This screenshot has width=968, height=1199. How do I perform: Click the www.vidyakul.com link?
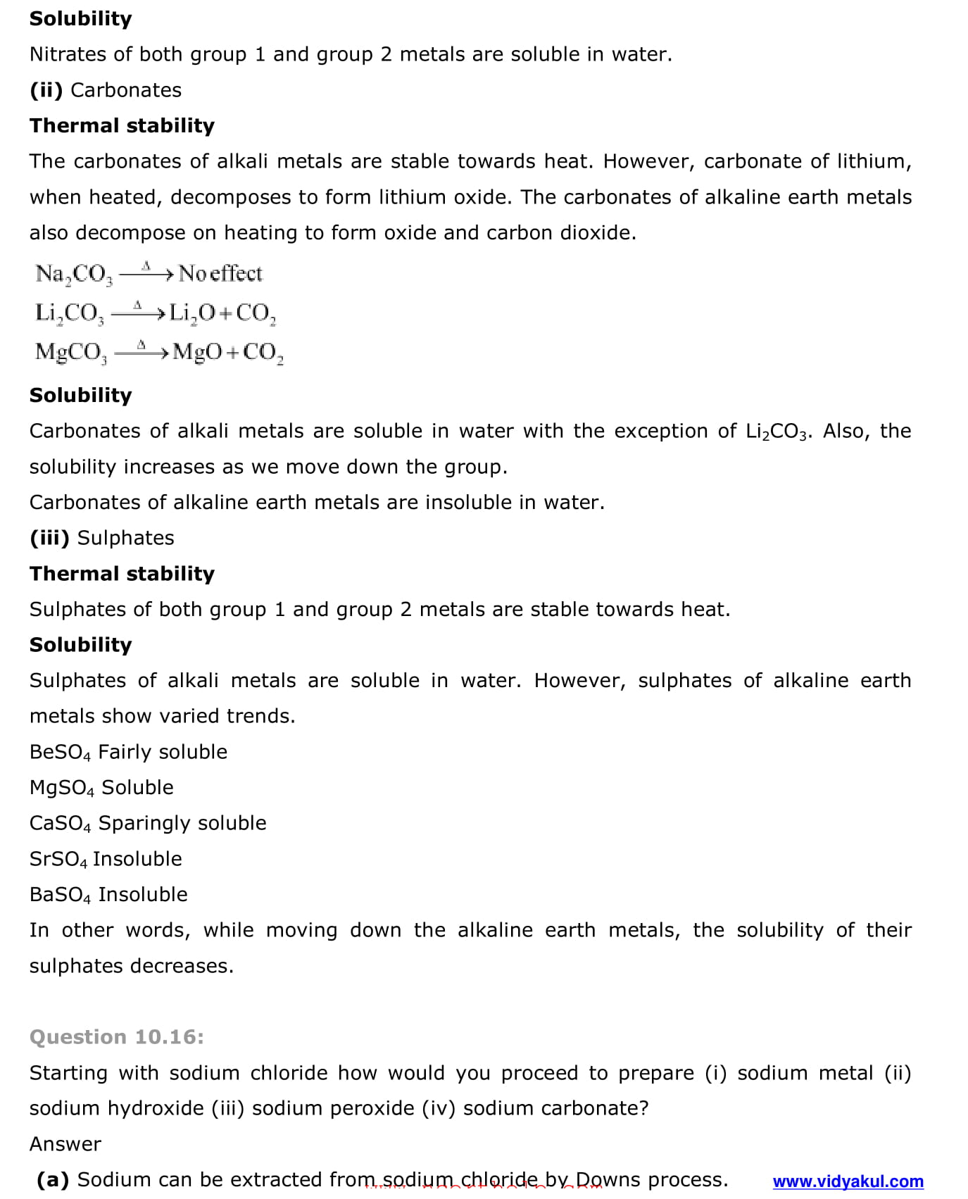[x=848, y=1181]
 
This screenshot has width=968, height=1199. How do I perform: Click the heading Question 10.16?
[x=116, y=1037]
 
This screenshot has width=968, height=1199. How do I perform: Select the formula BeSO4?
[x=60, y=753]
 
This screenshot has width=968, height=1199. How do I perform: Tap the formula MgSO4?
[x=61, y=788]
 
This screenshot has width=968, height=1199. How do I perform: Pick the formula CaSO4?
[x=60, y=824]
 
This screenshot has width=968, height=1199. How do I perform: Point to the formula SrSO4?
[x=58, y=860]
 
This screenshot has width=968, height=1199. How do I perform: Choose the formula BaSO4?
[x=60, y=895]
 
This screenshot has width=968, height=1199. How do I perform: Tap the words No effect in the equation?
[x=220, y=273]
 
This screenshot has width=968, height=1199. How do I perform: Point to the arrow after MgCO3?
[x=142, y=351]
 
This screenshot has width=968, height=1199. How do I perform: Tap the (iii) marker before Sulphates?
[x=49, y=538]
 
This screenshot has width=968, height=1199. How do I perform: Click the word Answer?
[x=65, y=1144]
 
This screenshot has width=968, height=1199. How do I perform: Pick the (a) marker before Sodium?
[x=53, y=1179]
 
